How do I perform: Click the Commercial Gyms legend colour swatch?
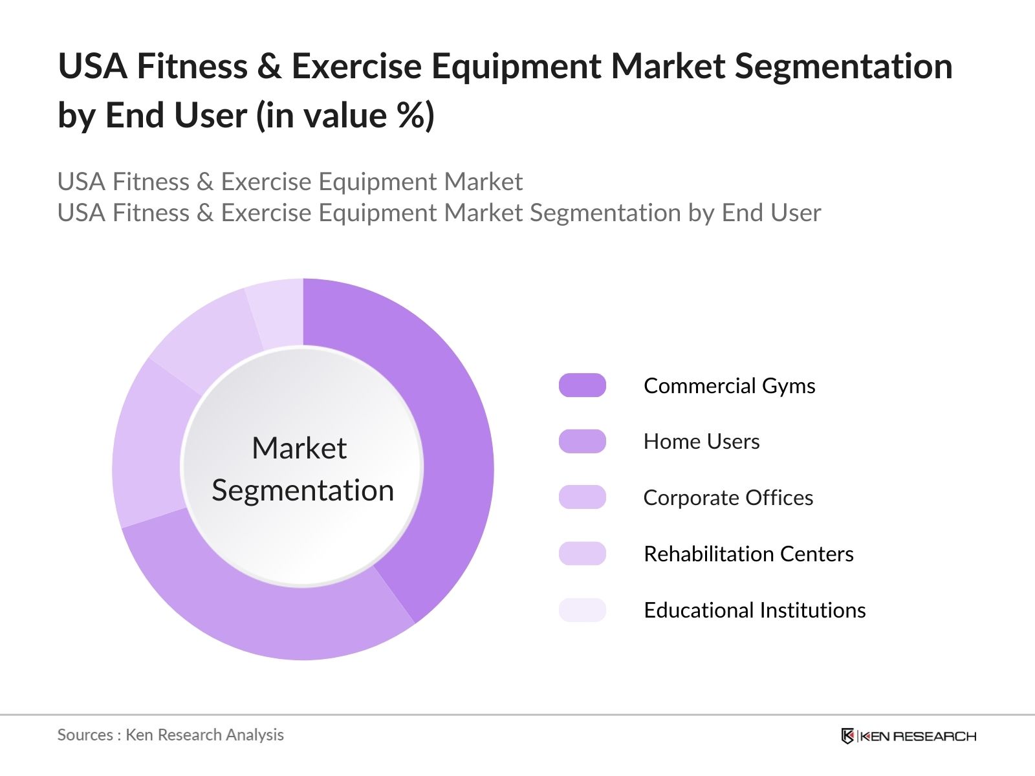582,385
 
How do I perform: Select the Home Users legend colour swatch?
582,442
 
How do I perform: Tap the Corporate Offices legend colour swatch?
582,497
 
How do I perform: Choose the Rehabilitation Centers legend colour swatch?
582,554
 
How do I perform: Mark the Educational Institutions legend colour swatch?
582,610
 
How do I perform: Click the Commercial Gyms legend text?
729,385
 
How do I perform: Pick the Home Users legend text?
701,442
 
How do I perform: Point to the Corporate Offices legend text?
728,497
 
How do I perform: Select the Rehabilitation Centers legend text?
748,554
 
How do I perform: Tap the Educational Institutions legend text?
754,610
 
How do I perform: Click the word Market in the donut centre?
299,448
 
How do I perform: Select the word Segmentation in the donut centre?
303,490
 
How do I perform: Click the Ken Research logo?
908,736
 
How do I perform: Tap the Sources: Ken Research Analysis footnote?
170,735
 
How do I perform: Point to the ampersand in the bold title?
269,67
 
